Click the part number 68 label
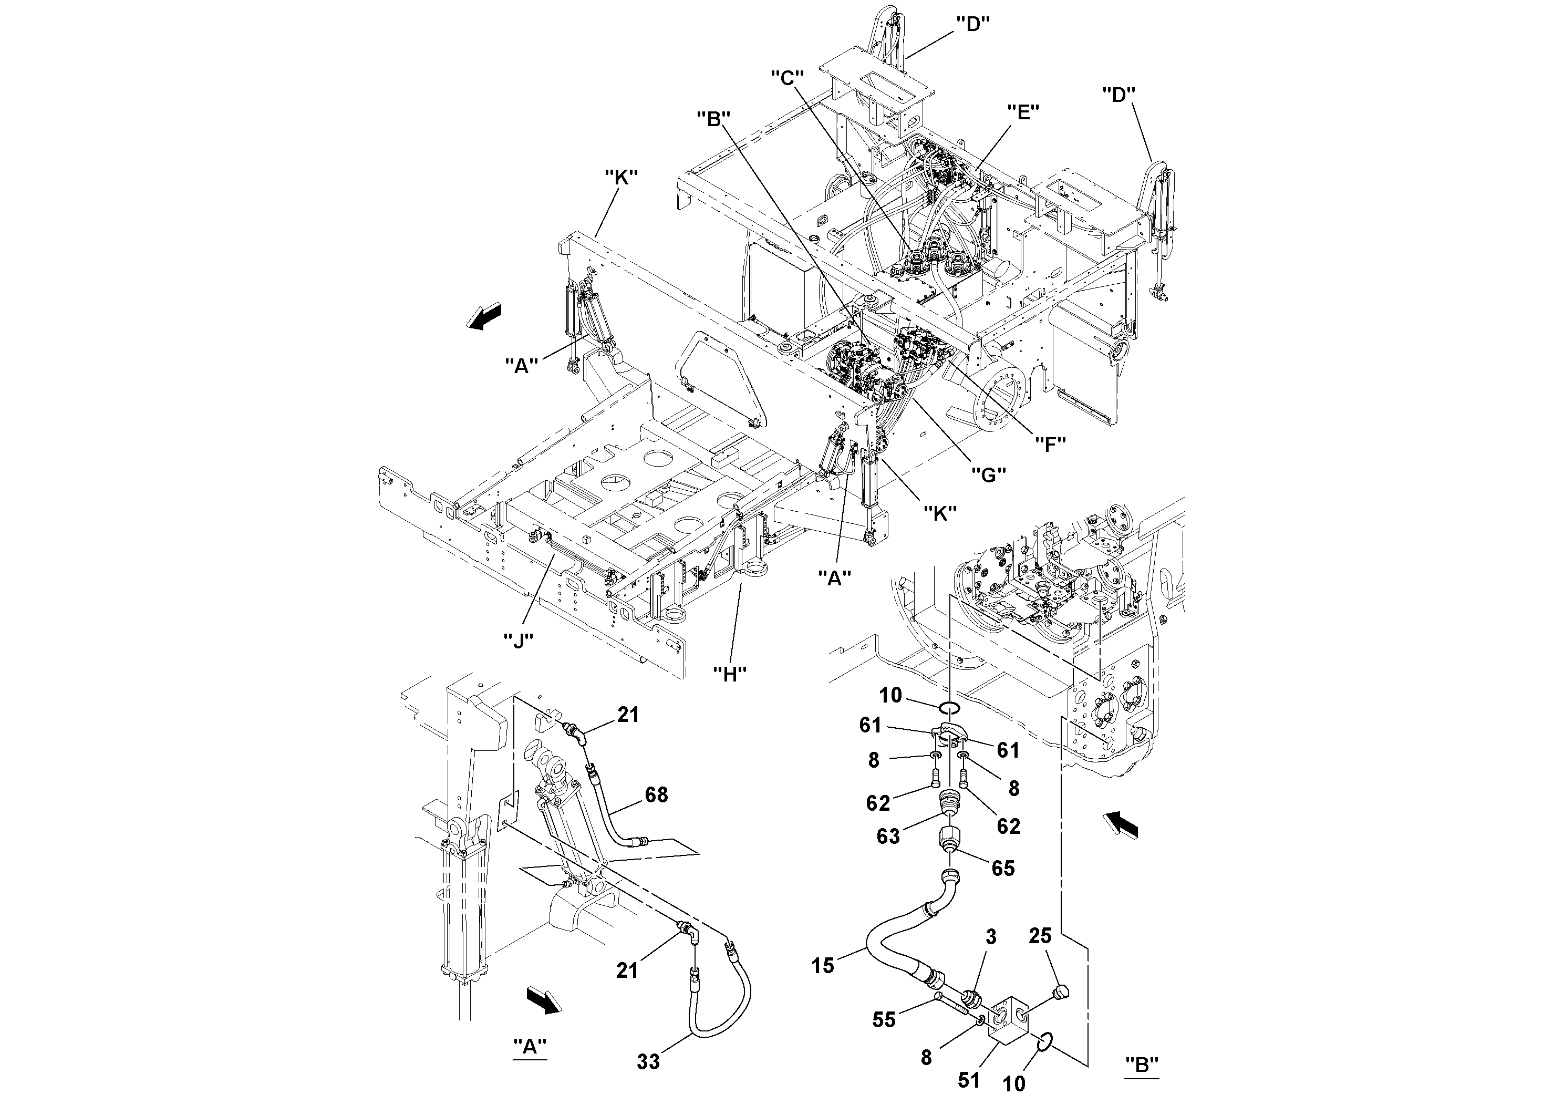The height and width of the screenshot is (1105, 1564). click(x=656, y=795)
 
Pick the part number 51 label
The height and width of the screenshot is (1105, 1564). click(x=969, y=1080)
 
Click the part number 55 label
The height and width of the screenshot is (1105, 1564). click(x=885, y=1020)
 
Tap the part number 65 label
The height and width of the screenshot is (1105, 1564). click(x=1003, y=868)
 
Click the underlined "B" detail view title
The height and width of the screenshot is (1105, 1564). click(x=1142, y=1064)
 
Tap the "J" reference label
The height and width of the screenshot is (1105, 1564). click(x=519, y=639)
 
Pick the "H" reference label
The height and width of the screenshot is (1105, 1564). click(x=730, y=674)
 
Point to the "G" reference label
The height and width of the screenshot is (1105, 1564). click(x=988, y=475)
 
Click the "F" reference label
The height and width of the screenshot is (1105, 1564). click(x=1050, y=443)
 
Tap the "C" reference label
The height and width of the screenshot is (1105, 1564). click(x=788, y=78)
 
